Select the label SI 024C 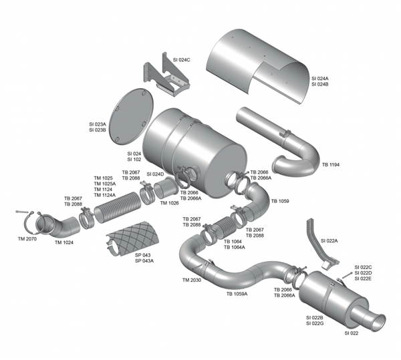pyautogui.click(x=182, y=60)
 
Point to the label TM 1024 pyautogui.click(x=65, y=242)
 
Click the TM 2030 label pyautogui.click(x=191, y=280)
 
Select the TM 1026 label pyautogui.click(x=169, y=203)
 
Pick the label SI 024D pyautogui.click(x=155, y=174)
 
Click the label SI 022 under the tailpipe pyautogui.click(x=352, y=333)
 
